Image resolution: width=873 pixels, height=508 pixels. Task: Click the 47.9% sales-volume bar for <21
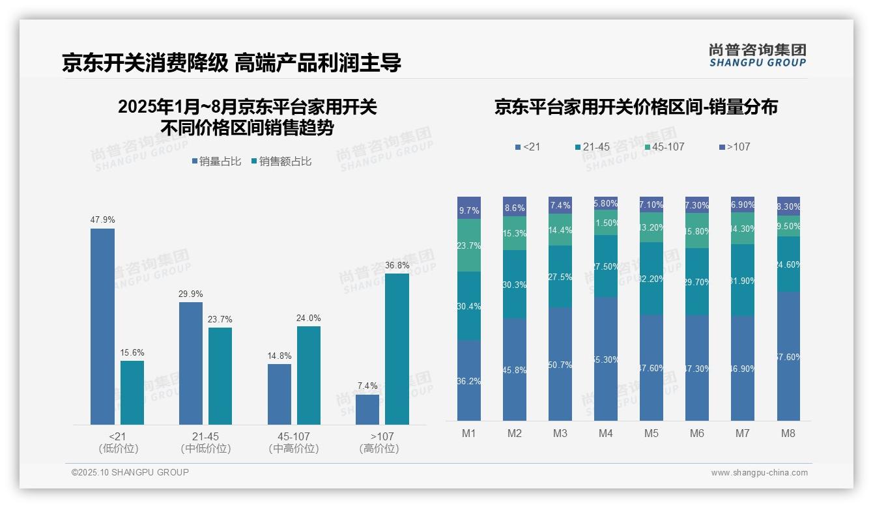click(102, 326)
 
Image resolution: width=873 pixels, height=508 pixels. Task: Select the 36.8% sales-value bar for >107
click(397, 349)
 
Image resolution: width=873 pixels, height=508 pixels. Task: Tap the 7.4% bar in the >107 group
click(367, 410)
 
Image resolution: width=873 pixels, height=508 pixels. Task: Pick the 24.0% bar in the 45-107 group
click(309, 375)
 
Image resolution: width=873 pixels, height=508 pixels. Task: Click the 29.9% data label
click(190, 294)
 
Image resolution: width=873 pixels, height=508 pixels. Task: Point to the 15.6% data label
click(132, 353)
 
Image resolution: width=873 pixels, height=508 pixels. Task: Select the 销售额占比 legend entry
click(281, 162)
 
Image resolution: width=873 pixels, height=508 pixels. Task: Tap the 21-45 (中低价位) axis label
click(206, 442)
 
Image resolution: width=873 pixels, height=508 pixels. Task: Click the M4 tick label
click(606, 434)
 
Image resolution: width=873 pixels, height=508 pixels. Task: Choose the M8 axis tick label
click(788, 434)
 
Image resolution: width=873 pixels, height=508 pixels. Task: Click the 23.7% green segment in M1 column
click(469, 246)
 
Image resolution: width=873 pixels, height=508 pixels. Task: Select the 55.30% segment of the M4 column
click(606, 359)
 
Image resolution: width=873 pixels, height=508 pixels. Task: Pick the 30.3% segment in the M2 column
click(515, 285)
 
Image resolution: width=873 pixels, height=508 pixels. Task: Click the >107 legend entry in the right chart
click(734, 147)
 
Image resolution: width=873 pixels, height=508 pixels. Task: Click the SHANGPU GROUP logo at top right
click(758, 55)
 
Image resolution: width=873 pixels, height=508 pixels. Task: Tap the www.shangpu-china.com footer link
click(759, 473)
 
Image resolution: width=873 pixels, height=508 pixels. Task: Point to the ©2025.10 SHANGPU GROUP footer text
click(130, 473)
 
